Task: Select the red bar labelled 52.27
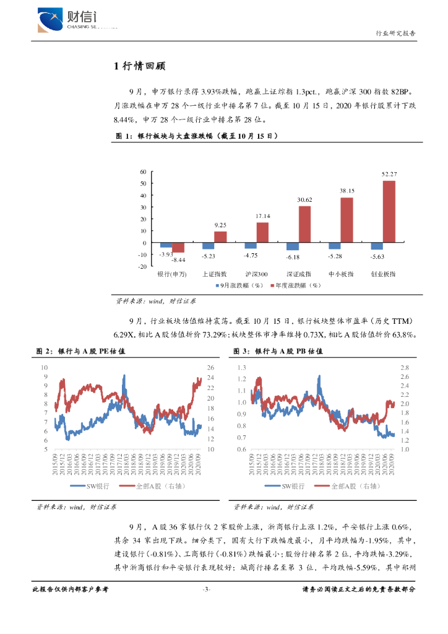389,211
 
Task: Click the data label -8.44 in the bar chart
179,260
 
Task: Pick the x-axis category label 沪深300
256,273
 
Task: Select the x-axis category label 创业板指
383,273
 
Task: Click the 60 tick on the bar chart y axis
144,172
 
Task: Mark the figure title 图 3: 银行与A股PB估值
278,351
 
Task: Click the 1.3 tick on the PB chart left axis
243,367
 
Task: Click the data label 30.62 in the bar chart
304,200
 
